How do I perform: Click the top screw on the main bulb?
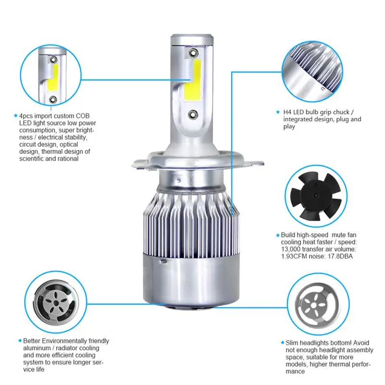click(x=193, y=52)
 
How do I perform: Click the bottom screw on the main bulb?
click(x=193, y=114)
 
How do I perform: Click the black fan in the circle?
click(x=316, y=196)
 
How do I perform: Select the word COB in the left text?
click(x=82, y=116)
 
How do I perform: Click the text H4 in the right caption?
click(x=287, y=112)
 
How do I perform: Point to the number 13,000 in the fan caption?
click(x=291, y=249)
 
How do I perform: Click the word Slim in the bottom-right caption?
click(x=292, y=343)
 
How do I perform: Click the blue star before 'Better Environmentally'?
click(x=20, y=341)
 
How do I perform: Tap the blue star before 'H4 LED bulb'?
click(x=278, y=112)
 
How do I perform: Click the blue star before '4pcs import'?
click(x=16, y=115)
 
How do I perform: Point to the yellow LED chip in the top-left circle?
click(x=53, y=77)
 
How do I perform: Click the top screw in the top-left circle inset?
click(x=53, y=60)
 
